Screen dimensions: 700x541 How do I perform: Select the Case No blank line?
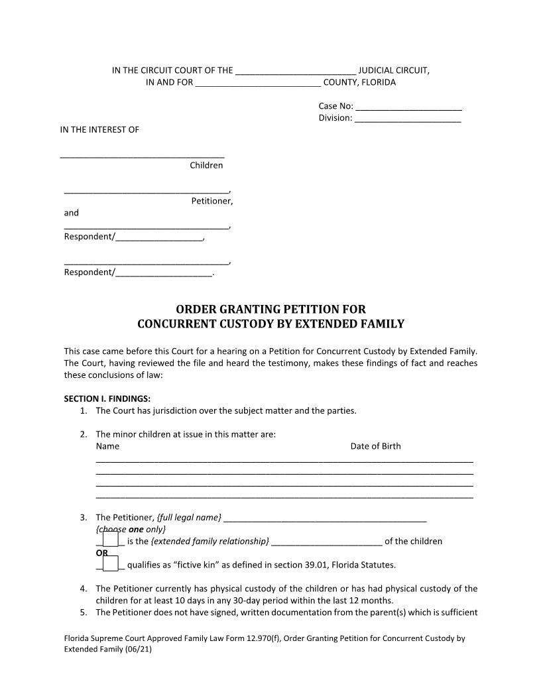[408, 107]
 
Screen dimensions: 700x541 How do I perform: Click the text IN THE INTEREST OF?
[99, 130]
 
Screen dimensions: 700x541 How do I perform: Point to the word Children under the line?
[206, 166]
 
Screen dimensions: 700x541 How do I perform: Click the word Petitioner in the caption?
[211, 201]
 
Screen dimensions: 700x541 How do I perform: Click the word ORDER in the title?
[197, 310]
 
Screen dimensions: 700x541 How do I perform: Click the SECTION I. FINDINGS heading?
[107, 399]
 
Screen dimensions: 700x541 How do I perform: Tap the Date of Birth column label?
[375, 446]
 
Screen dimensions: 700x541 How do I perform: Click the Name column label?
[107, 446]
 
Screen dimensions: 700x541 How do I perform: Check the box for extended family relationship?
[110, 540]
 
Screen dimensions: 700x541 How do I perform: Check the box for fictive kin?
[110, 563]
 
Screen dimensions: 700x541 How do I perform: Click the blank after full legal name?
[325, 518]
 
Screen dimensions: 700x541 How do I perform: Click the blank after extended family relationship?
[326, 542]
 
